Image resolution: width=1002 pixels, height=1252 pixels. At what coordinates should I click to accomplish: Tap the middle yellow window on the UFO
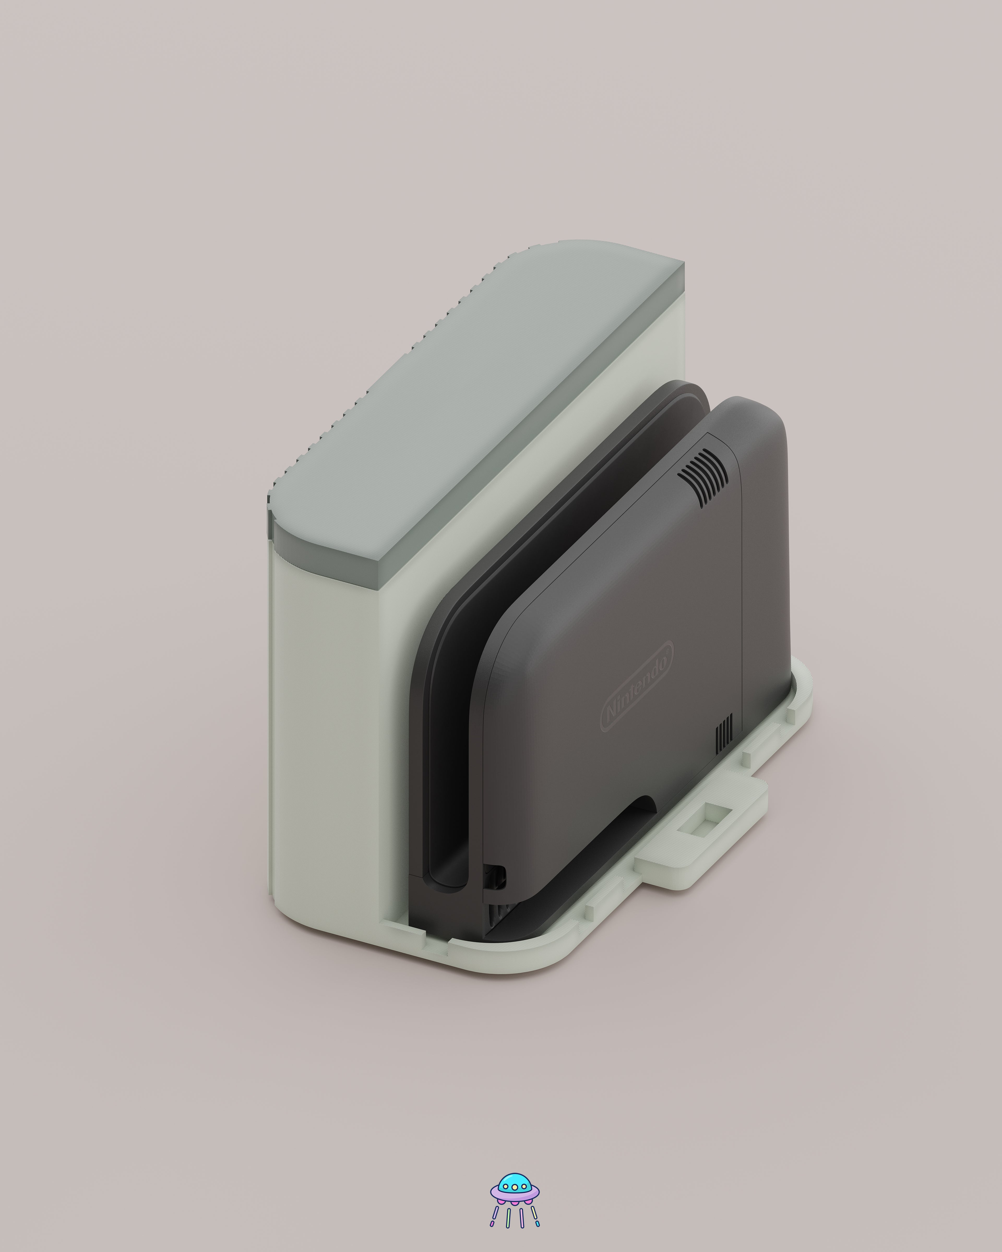click(515, 1188)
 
